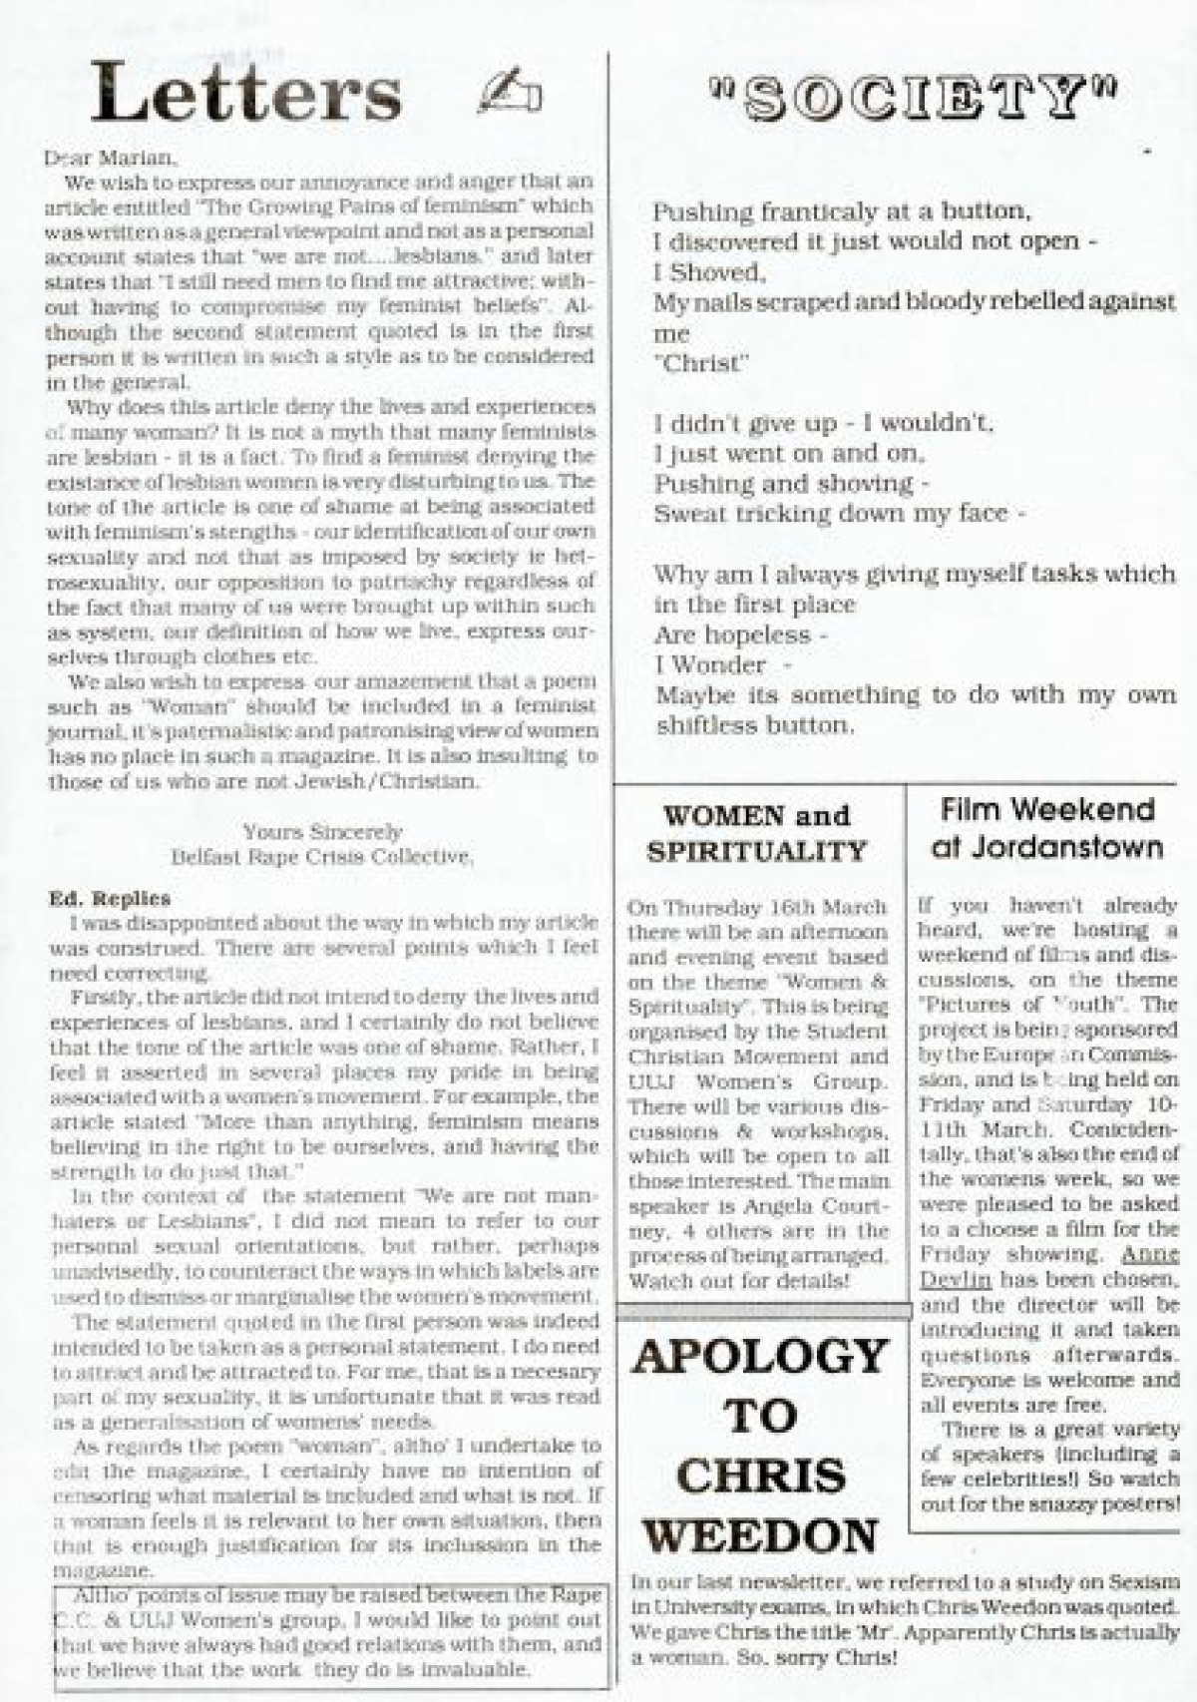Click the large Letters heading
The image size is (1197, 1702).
pyautogui.click(x=246, y=93)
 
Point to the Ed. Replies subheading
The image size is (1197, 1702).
pyautogui.click(x=110, y=898)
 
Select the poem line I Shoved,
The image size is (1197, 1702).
pyautogui.click(x=708, y=272)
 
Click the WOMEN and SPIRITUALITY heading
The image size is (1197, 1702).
pyautogui.click(x=757, y=833)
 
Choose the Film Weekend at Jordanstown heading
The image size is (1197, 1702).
pyautogui.click(x=1046, y=827)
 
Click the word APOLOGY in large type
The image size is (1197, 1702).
pyautogui.click(x=760, y=1357)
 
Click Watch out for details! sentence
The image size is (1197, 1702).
pyautogui.click(x=739, y=1281)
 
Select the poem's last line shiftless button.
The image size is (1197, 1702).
pyautogui.click(x=754, y=725)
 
